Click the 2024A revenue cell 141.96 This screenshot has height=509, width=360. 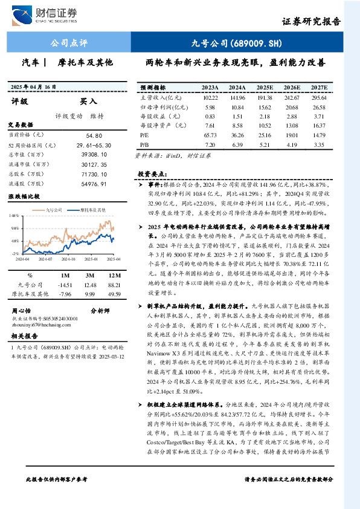(x=237, y=97)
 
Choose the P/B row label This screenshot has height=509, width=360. (x=144, y=145)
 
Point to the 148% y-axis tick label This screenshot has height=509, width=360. (x=14, y=216)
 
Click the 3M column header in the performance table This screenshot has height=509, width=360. (x=91, y=274)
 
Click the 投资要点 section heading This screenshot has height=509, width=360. (x=152, y=174)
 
